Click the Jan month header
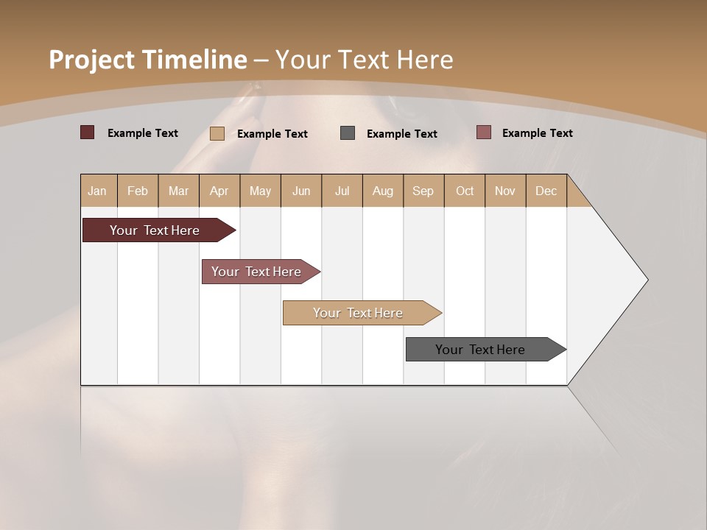point(97,191)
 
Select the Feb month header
point(138,191)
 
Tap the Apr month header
point(219,191)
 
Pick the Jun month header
point(301,191)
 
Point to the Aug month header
point(382,191)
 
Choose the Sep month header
point(423,191)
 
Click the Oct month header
point(465,191)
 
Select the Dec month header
point(546,191)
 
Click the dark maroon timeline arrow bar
point(155,230)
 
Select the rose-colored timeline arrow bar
point(256,272)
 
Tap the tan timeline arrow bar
point(358,313)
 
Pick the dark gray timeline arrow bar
point(480,350)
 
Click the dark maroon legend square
point(87,132)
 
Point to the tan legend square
point(217,133)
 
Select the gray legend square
point(348,132)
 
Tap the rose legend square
point(483,132)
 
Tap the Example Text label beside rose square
point(537,132)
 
